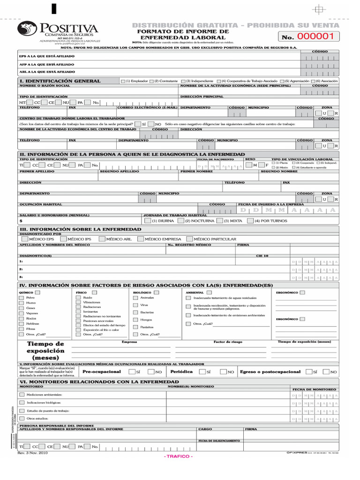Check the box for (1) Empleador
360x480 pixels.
pos(123,81)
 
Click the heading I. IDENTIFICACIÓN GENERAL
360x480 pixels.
pos(60,81)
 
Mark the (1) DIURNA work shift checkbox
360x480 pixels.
pos(148,220)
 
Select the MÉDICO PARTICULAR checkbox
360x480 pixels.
pos(189,239)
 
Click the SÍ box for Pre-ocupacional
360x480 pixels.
pos(131,372)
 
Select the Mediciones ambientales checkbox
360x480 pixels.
pos(22,395)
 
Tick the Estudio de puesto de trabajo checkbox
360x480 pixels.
pos(22,410)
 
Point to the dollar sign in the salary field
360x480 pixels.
pos(21,221)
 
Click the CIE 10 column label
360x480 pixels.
pos(262,256)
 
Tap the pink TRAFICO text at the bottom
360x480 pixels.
pos(178,457)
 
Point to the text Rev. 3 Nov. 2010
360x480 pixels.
pos(32,453)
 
